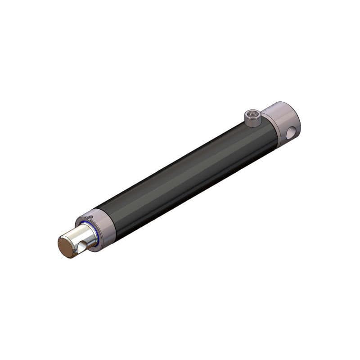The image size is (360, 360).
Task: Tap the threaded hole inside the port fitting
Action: [253, 113]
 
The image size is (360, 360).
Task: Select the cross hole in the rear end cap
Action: [291, 132]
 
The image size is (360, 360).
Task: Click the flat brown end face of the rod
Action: [66, 247]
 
